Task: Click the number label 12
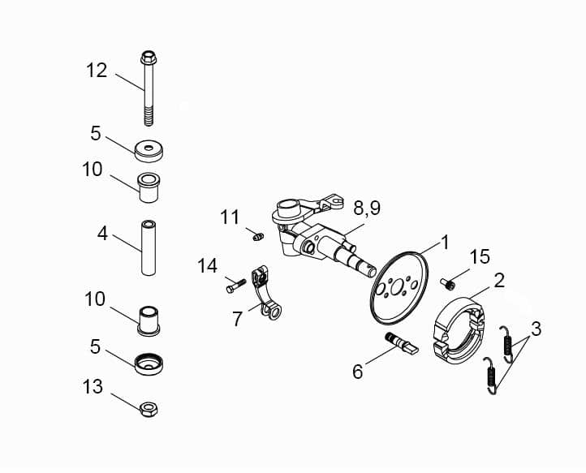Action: (97, 71)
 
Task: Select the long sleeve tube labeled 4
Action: (149, 247)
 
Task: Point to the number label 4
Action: (102, 234)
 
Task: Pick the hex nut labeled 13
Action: (149, 408)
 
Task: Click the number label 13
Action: (93, 387)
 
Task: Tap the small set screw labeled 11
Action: (256, 236)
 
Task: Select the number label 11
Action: (231, 217)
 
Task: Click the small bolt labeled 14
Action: (233, 285)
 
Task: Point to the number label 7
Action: (237, 320)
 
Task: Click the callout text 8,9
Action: (366, 209)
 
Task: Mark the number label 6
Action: (357, 372)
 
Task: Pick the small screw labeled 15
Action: (446, 284)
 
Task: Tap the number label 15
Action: (480, 257)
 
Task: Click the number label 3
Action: (536, 329)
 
